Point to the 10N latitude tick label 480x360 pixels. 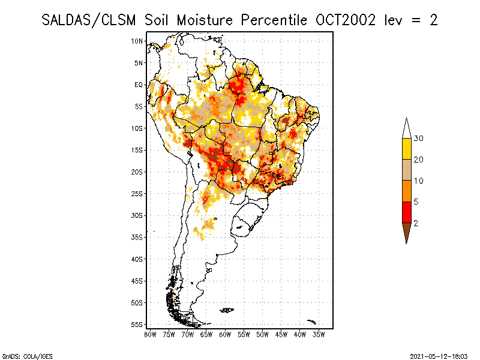point(137,41)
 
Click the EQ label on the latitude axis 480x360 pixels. point(139,85)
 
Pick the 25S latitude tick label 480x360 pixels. point(137,193)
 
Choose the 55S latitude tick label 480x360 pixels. point(137,324)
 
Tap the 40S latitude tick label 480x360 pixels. point(137,259)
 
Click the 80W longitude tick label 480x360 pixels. point(150,334)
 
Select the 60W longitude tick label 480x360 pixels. point(225,334)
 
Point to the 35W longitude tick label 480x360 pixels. point(319,334)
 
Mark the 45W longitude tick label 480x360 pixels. point(281,334)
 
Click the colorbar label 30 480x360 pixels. point(419,139)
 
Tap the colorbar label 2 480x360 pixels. point(415,223)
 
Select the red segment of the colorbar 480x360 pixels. point(407,212)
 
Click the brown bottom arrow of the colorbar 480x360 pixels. point(407,232)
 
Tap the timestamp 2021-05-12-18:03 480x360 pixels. point(439,355)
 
